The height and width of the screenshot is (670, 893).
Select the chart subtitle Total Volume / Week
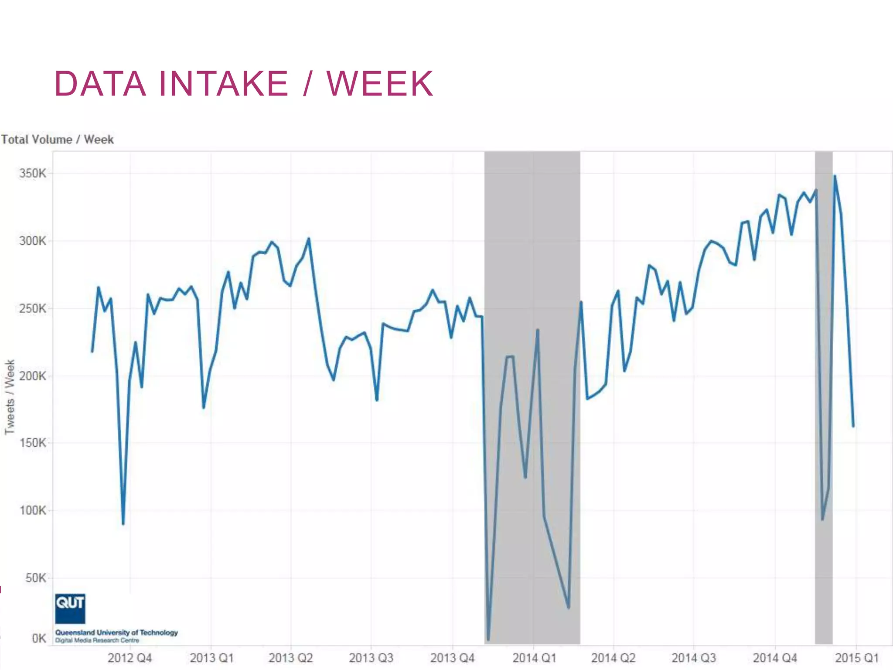coord(57,140)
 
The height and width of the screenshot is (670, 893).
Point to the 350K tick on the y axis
coord(32,174)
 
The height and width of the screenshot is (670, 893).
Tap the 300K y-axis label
coord(32,241)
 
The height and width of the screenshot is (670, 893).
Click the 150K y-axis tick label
coord(32,443)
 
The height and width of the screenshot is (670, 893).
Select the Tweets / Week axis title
coord(10,397)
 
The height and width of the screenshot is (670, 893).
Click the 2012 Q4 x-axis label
coord(130,658)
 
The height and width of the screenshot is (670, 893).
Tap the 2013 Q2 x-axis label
coord(290,658)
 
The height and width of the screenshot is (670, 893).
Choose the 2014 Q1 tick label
coord(534,658)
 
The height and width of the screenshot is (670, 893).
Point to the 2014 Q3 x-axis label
coord(694,658)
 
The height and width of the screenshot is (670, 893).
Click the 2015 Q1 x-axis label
coord(856,658)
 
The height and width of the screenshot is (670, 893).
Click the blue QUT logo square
coord(70,608)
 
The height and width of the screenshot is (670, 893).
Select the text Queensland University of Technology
coord(116,632)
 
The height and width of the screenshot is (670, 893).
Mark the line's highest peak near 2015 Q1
coord(835,176)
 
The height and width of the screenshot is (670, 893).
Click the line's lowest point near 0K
coord(488,639)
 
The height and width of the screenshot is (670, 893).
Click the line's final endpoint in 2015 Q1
coord(853,426)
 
